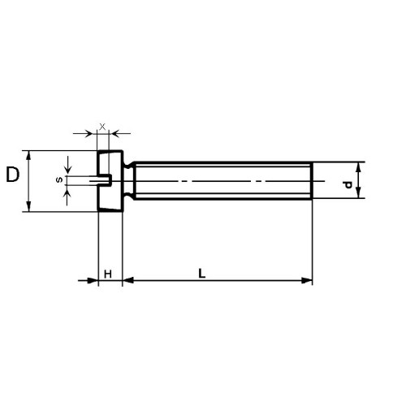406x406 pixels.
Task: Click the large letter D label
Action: click(x=13, y=175)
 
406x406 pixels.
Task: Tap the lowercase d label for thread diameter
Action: click(x=347, y=184)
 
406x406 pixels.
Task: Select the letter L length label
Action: click(x=202, y=274)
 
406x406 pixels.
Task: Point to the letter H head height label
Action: click(x=108, y=274)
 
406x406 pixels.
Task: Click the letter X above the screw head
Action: click(x=102, y=126)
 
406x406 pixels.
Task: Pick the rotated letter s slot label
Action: click(x=59, y=179)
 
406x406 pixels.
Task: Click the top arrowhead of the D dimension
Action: click(x=28, y=155)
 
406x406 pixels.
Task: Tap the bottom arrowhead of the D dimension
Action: click(x=28, y=206)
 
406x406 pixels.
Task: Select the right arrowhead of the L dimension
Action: click(x=307, y=280)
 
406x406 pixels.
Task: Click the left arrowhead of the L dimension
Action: click(x=128, y=280)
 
